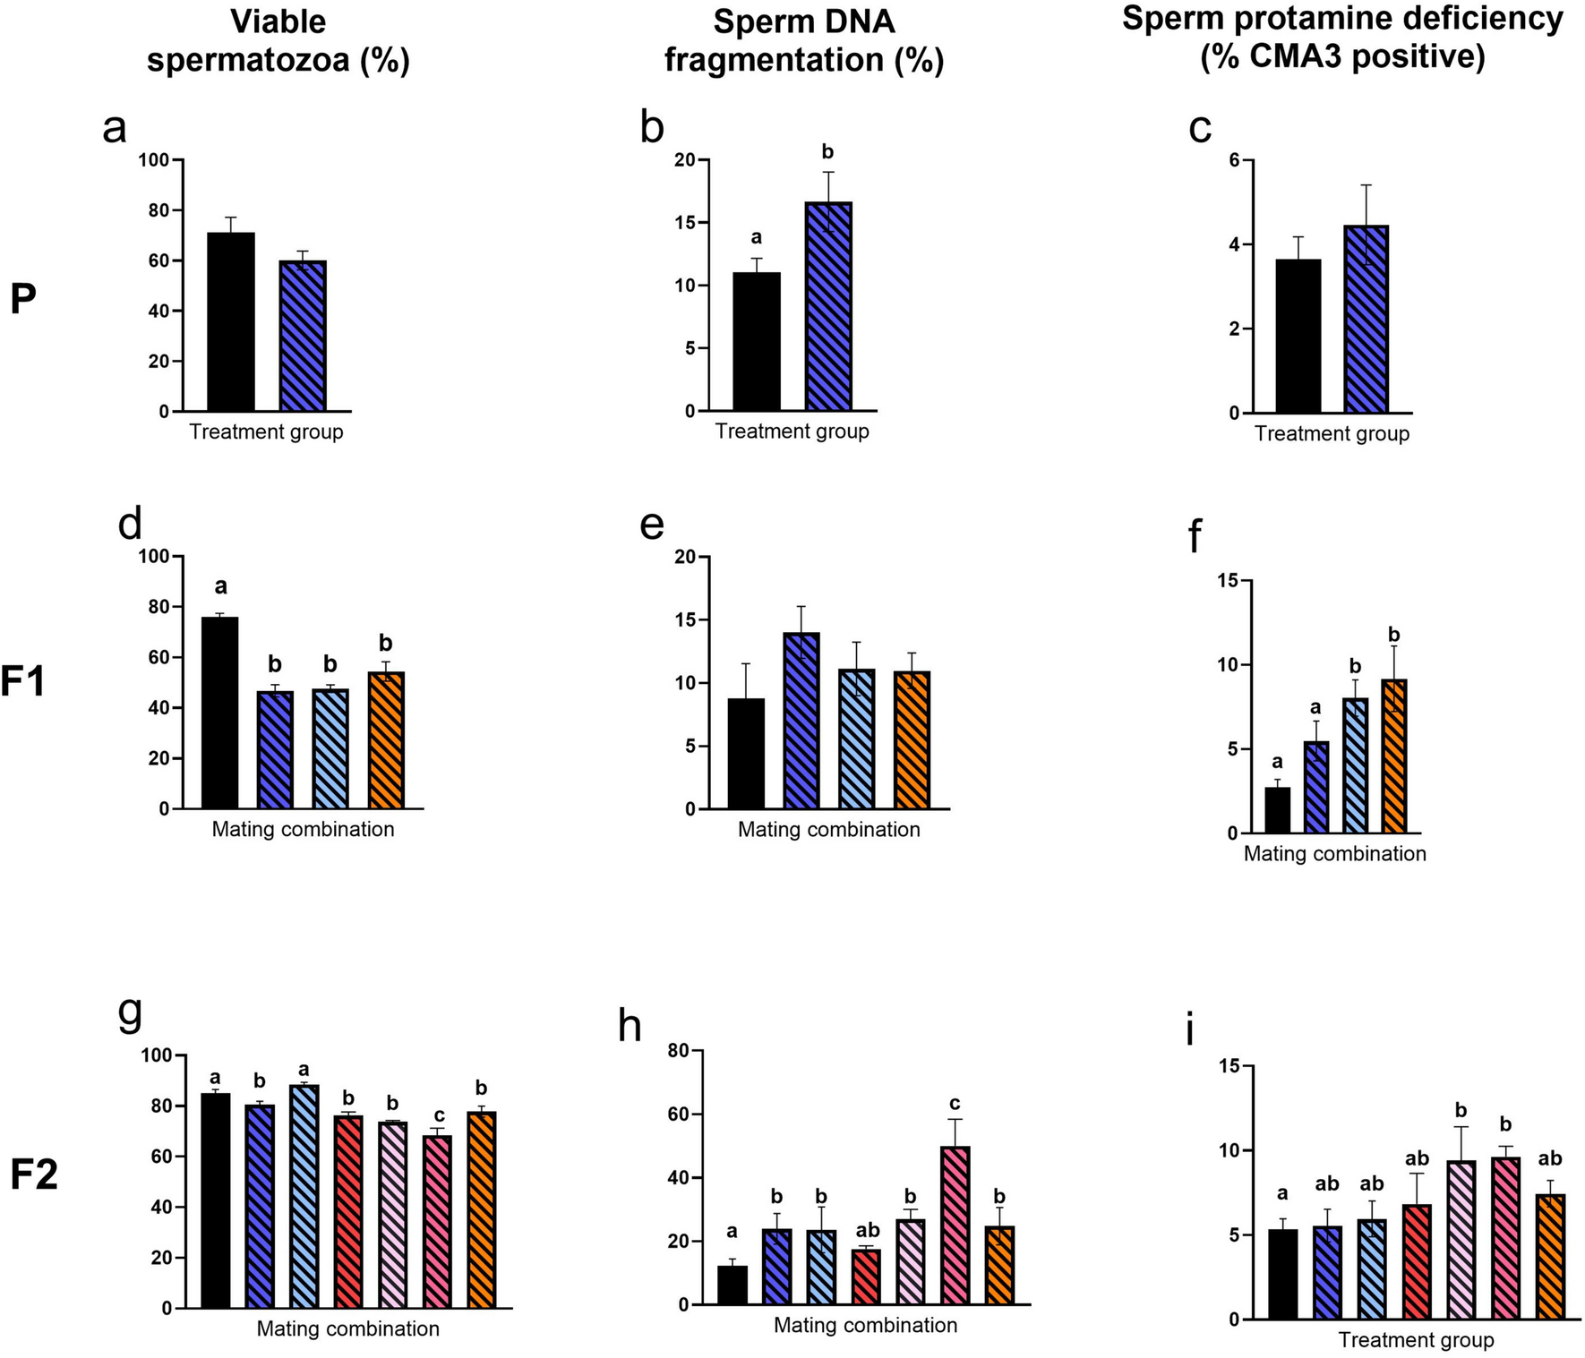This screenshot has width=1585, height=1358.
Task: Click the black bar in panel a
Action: (231, 322)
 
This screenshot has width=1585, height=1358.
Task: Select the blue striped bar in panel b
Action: (827, 307)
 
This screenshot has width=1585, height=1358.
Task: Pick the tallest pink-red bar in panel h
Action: (955, 1226)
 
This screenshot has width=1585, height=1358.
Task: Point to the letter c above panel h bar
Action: (955, 1103)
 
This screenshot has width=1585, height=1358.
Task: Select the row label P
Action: (23, 300)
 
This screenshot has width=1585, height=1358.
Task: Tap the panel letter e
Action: (653, 525)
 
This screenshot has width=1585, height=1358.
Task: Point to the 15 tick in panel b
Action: (683, 223)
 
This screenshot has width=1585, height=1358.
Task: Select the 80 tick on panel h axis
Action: (677, 1051)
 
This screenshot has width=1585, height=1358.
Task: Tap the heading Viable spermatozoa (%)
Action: (278, 41)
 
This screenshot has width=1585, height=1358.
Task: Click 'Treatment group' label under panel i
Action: (1416, 1340)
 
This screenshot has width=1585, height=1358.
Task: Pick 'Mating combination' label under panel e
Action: (828, 830)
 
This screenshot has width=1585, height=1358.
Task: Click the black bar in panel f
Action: (1277, 810)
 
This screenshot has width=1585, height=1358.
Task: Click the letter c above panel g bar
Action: (439, 1115)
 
